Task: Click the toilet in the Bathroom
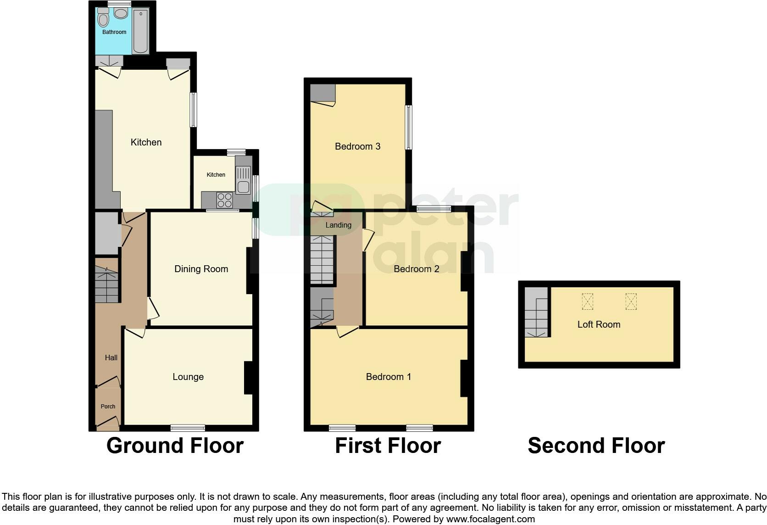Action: click(x=103, y=18)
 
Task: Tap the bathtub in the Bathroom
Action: click(x=140, y=31)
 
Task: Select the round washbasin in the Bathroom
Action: click(x=121, y=14)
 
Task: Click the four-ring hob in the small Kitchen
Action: click(x=224, y=200)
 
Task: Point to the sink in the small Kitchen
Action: click(x=243, y=180)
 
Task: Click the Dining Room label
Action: click(x=201, y=269)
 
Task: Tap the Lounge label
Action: click(x=188, y=377)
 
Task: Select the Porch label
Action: click(x=108, y=406)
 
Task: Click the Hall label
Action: click(x=111, y=357)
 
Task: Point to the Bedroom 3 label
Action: click(x=357, y=146)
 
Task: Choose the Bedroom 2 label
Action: click(x=416, y=269)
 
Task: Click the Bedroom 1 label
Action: click(x=388, y=377)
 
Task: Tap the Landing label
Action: click(x=338, y=225)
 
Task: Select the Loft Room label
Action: click(x=599, y=324)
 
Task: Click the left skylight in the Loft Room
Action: click(x=587, y=302)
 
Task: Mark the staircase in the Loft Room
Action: click(x=536, y=317)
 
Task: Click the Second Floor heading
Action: click(x=596, y=446)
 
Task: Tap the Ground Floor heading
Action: click(x=175, y=446)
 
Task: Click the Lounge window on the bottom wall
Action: click(x=188, y=428)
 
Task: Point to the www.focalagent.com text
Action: click(x=490, y=519)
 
